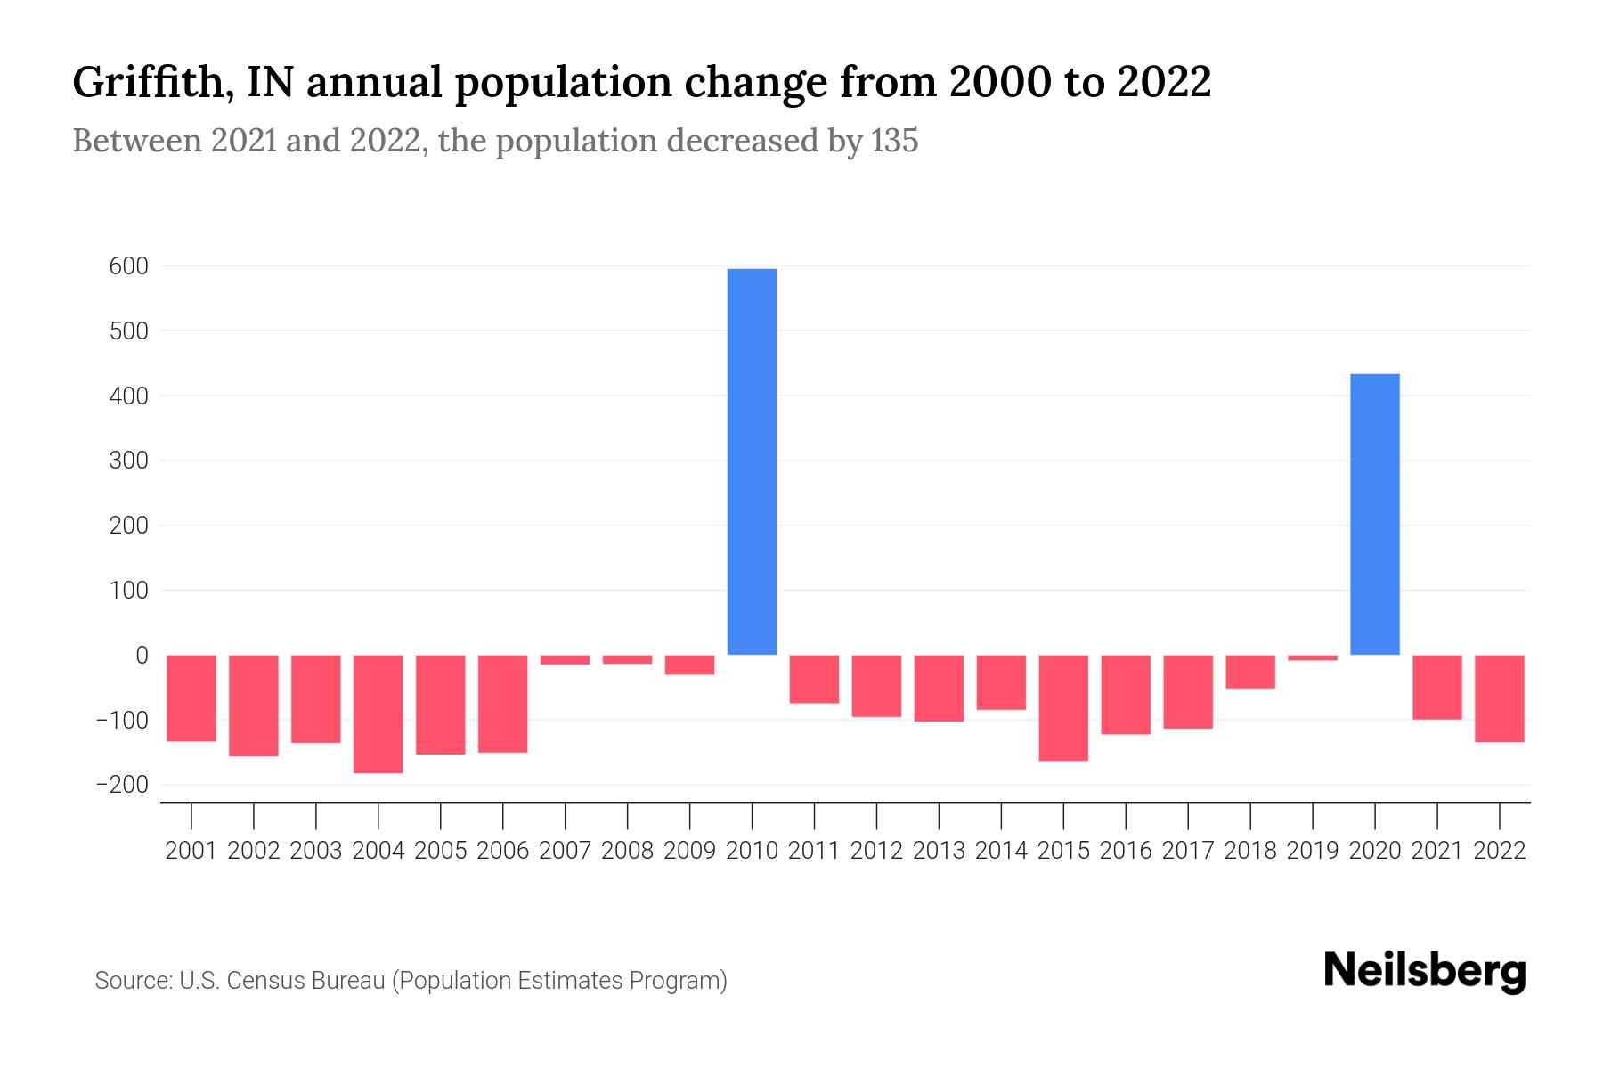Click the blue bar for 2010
[752, 461]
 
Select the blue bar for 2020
[1374, 514]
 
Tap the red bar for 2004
[378, 714]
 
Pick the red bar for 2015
[1062, 707]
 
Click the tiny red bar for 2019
[1312, 658]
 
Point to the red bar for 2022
[1499, 698]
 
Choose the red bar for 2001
[191, 698]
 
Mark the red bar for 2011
[814, 679]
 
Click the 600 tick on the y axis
[129, 266]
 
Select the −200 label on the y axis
[123, 785]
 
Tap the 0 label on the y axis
[142, 656]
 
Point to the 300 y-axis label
[129, 461]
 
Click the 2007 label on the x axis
[565, 851]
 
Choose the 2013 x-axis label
[938, 851]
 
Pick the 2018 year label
[1249, 851]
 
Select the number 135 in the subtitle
[894, 141]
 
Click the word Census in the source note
[264, 981]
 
